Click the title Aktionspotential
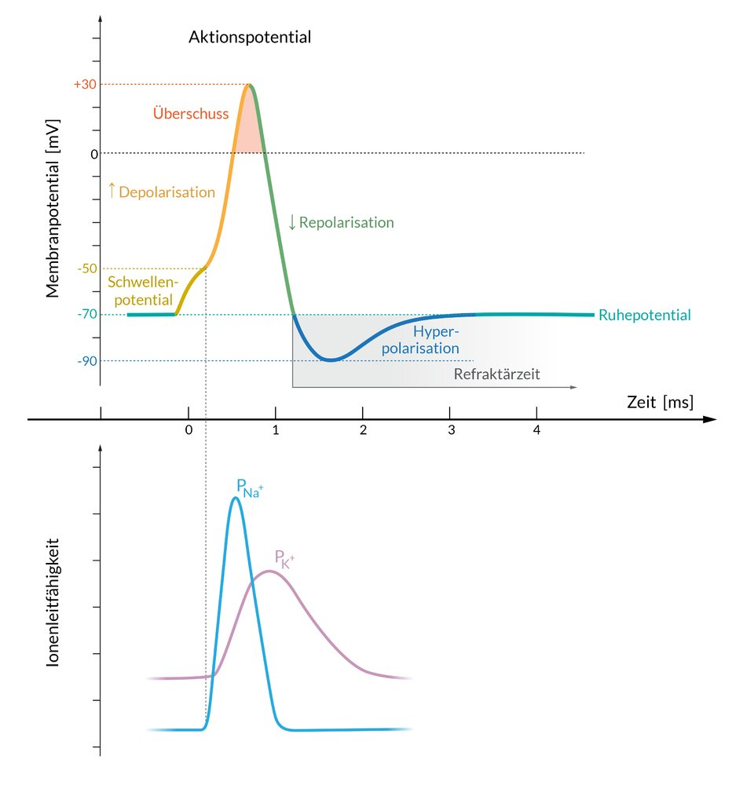[x=250, y=37]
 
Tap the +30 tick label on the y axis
[x=84, y=85]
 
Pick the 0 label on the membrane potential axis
[x=94, y=154]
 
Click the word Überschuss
[x=191, y=114]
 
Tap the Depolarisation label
[x=161, y=192]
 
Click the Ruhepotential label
[x=644, y=316]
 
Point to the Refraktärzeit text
[x=497, y=374]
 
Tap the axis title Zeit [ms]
[x=661, y=402]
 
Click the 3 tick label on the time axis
[x=450, y=431]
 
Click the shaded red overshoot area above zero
[x=249, y=133]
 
